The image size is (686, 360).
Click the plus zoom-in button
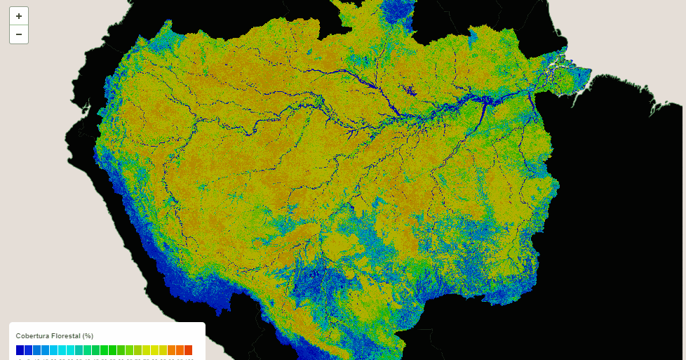click(x=19, y=16)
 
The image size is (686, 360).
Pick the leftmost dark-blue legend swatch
click(x=20, y=349)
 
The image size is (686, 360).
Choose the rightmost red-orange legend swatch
click(x=188, y=349)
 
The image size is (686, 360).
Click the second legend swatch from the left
click(x=29, y=349)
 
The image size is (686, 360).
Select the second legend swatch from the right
click(x=180, y=349)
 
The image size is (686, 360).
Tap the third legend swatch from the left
click(x=37, y=349)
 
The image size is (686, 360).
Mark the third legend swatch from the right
click(x=171, y=349)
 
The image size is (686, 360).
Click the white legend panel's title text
click(x=55, y=335)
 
